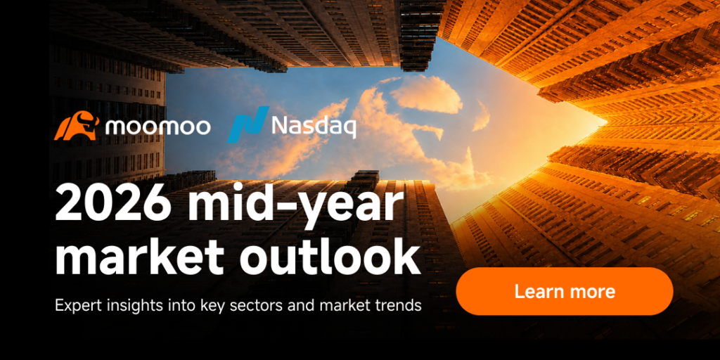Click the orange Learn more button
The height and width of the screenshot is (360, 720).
(565, 291)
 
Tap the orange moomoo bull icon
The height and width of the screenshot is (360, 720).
(77, 127)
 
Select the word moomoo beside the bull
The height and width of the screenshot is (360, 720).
(158, 127)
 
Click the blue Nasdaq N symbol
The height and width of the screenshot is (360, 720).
(248, 124)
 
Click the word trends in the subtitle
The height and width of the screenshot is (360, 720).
(399, 305)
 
